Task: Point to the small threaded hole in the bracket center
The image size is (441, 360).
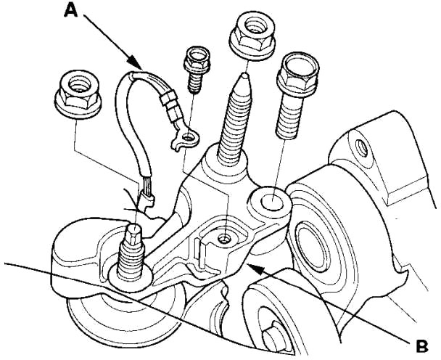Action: click(x=226, y=237)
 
